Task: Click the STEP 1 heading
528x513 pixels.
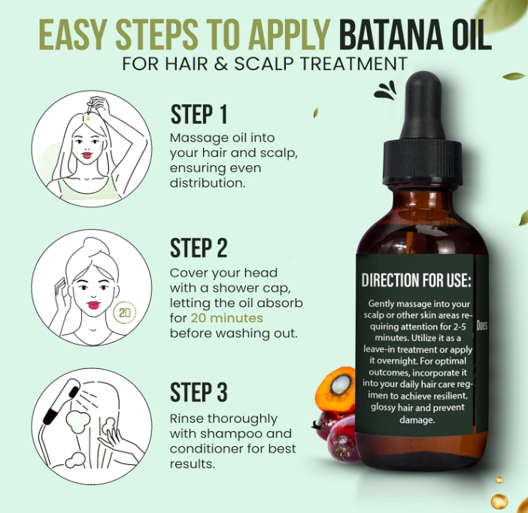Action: [199, 114]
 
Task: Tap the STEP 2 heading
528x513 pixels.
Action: [199, 248]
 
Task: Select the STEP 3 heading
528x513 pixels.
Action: [199, 392]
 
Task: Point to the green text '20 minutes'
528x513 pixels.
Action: [227, 318]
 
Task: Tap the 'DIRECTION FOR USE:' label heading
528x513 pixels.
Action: [416, 280]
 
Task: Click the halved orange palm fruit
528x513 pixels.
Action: [335, 389]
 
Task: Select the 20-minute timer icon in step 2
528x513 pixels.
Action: [125, 312]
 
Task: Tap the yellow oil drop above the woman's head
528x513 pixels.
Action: [88, 118]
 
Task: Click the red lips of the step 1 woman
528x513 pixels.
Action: [87, 155]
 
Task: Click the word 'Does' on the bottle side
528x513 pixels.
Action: [482, 325]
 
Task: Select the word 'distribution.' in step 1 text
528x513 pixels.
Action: [208, 183]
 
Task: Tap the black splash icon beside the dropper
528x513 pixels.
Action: [386, 90]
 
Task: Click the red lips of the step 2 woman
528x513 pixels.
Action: [93, 305]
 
